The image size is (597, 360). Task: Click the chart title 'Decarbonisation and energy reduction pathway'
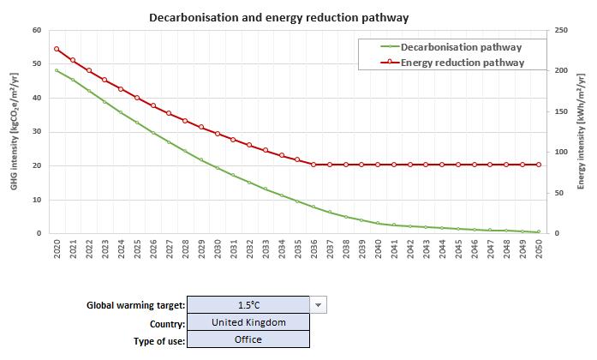[x=278, y=17]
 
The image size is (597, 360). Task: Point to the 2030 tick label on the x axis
[x=218, y=249]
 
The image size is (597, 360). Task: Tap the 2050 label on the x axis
[x=539, y=249]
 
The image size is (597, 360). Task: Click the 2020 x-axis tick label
[x=57, y=249]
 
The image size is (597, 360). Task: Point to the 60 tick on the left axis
[x=36, y=30]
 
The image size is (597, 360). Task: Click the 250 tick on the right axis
[x=561, y=30]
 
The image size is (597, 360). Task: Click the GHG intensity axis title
[x=15, y=131]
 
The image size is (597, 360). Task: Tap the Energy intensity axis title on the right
[x=582, y=131]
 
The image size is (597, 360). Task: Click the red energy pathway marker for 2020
[x=57, y=49]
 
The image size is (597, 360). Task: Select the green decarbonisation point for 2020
[x=57, y=70]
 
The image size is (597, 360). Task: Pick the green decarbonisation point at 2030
[x=218, y=168]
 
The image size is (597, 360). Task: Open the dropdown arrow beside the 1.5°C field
[x=318, y=305]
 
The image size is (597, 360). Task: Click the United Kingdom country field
[x=248, y=322]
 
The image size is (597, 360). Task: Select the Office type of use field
[x=248, y=339]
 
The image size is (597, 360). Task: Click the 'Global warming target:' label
[x=135, y=306]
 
